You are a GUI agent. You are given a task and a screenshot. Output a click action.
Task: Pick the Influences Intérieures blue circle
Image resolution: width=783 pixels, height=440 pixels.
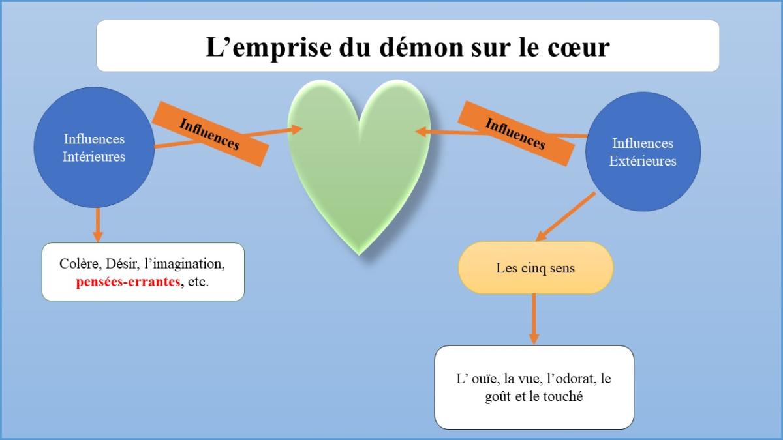(x=94, y=147)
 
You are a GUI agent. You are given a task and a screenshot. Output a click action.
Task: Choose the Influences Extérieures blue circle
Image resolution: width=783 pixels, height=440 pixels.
(x=643, y=151)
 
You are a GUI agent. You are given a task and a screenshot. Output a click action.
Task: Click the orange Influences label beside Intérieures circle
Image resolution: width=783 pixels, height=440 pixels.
(x=210, y=134)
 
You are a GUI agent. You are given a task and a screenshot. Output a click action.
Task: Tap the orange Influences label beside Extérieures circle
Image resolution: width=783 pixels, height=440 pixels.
(x=515, y=134)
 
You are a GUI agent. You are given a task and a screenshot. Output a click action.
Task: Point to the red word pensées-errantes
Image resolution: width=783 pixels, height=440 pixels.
(x=129, y=282)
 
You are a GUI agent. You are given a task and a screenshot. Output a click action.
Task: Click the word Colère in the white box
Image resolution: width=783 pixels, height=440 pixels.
(x=80, y=264)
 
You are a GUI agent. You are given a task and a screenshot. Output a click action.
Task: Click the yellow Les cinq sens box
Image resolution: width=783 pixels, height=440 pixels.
(x=536, y=267)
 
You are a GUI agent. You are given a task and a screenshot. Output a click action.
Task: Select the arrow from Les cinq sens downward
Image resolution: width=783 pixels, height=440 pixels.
(x=534, y=319)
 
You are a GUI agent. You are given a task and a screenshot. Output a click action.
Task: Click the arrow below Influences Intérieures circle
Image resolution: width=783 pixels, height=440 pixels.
(x=98, y=225)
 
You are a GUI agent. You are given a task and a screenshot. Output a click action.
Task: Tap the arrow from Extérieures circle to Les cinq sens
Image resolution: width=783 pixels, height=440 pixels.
(x=565, y=216)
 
